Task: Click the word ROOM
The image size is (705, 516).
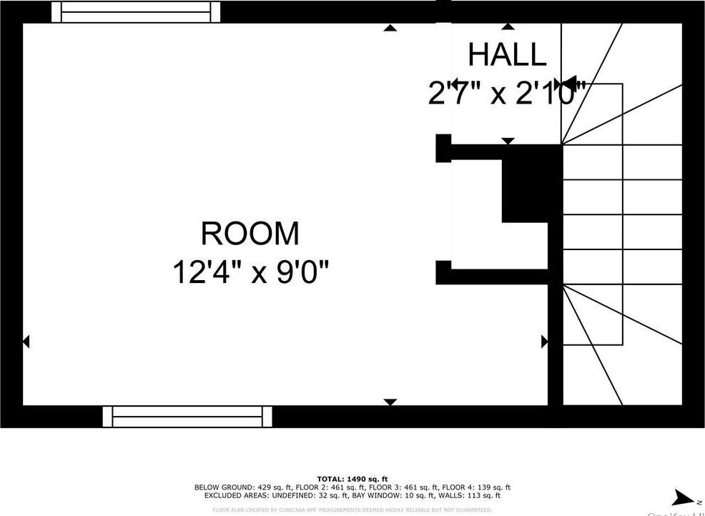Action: coord(250,234)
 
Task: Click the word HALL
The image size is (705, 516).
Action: coord(507,54)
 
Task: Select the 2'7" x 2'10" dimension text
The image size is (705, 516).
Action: coord(507,94)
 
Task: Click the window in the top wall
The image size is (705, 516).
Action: coord(136,11)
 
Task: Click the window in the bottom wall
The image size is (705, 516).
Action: coord(187,416)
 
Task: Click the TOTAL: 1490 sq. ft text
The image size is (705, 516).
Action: coord(352,479)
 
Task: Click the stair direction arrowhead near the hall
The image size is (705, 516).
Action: coord(569,84)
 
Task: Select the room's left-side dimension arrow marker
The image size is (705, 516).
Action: coord(26,342)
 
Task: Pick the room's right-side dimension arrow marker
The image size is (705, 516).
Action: coord(544,342)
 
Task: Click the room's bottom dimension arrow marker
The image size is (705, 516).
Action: coord(390,402)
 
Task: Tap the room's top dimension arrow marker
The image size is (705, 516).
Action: coord(390,28)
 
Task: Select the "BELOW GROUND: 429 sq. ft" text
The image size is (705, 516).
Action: coord(234,487)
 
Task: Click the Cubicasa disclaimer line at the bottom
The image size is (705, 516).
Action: coord(352,510)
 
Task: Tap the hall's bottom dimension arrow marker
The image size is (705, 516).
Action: coord(508,141)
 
